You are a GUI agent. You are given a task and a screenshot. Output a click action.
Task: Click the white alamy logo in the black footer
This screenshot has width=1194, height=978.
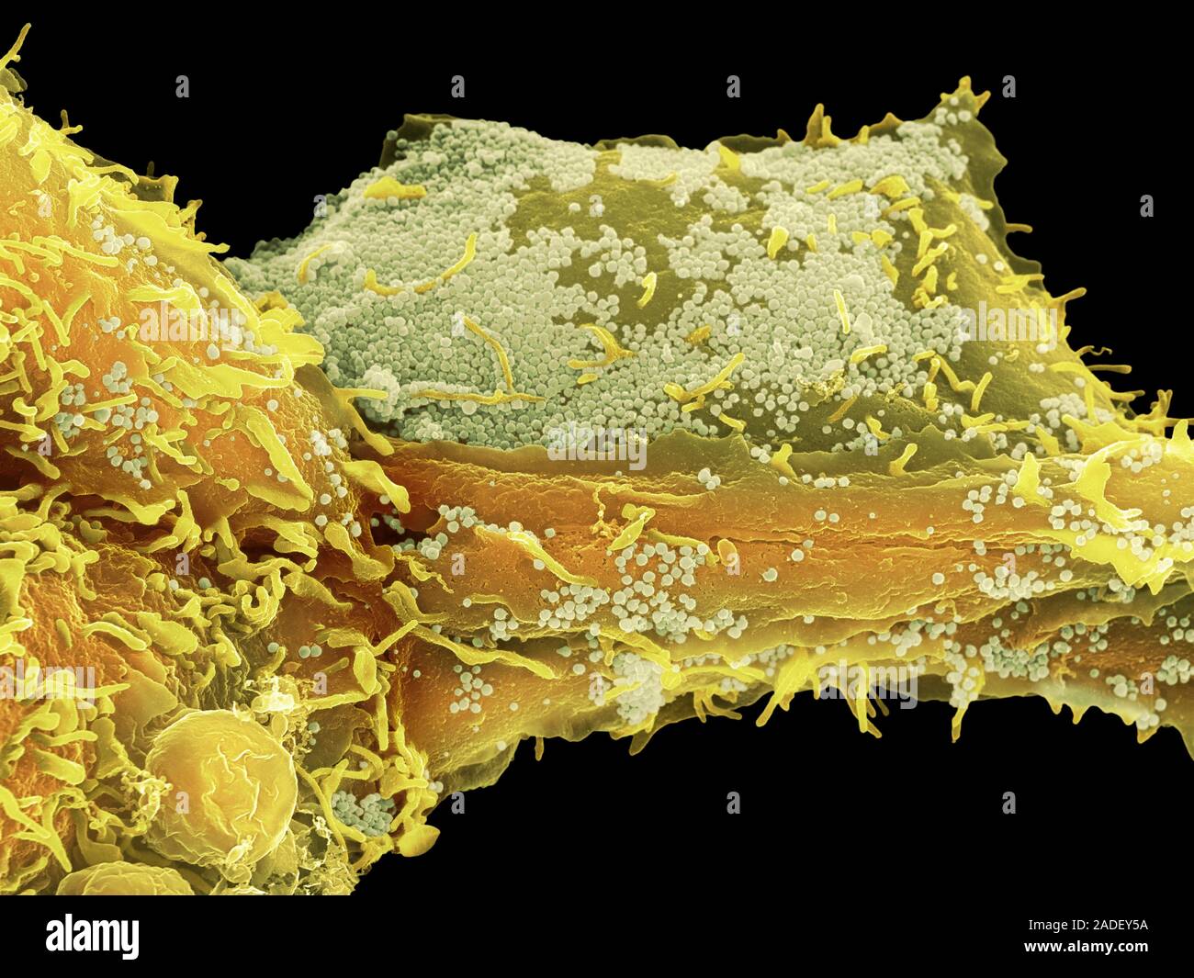(x=92, y=937)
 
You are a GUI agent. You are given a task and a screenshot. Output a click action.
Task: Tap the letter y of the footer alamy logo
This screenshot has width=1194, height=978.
(x=129, y=940)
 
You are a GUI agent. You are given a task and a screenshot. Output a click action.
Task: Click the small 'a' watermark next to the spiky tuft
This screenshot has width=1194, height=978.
(x=1008, y=86)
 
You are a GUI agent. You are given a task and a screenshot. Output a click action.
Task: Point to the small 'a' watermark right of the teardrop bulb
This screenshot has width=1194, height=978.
(x=457, y=802)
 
